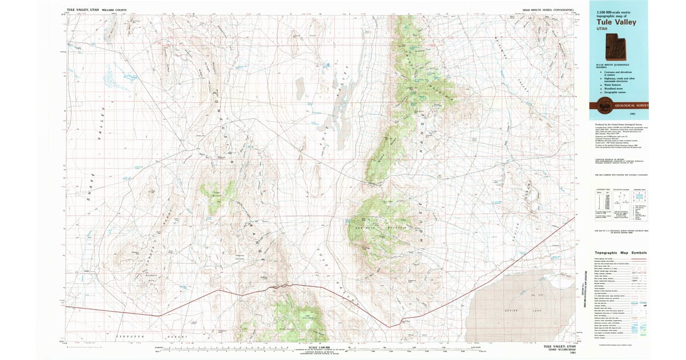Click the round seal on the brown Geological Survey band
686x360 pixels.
603,105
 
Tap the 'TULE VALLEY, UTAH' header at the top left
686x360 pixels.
83,10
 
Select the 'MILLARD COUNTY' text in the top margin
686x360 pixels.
115,10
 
